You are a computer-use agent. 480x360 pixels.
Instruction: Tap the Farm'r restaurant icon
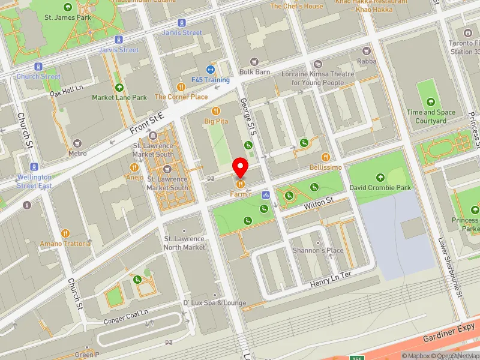(241, 184)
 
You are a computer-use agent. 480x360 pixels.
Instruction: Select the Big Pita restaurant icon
(216, 110)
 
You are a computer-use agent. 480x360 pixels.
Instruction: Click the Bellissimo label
(326, 166)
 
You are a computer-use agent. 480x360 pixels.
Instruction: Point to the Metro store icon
(77, 143)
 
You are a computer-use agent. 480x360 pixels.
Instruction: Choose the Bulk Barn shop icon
(254, 62)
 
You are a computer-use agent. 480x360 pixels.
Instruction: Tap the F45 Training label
(210, 80)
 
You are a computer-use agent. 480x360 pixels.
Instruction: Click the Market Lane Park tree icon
(119, 87)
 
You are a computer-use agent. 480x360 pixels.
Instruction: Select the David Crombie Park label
(380, 188)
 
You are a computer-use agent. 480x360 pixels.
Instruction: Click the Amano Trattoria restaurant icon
(66, 233)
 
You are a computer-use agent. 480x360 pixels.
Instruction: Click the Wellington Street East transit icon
(34, 166)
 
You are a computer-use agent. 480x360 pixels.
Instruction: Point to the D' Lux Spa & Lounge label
(214, 303)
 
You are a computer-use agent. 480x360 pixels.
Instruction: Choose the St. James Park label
(67, 17)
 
